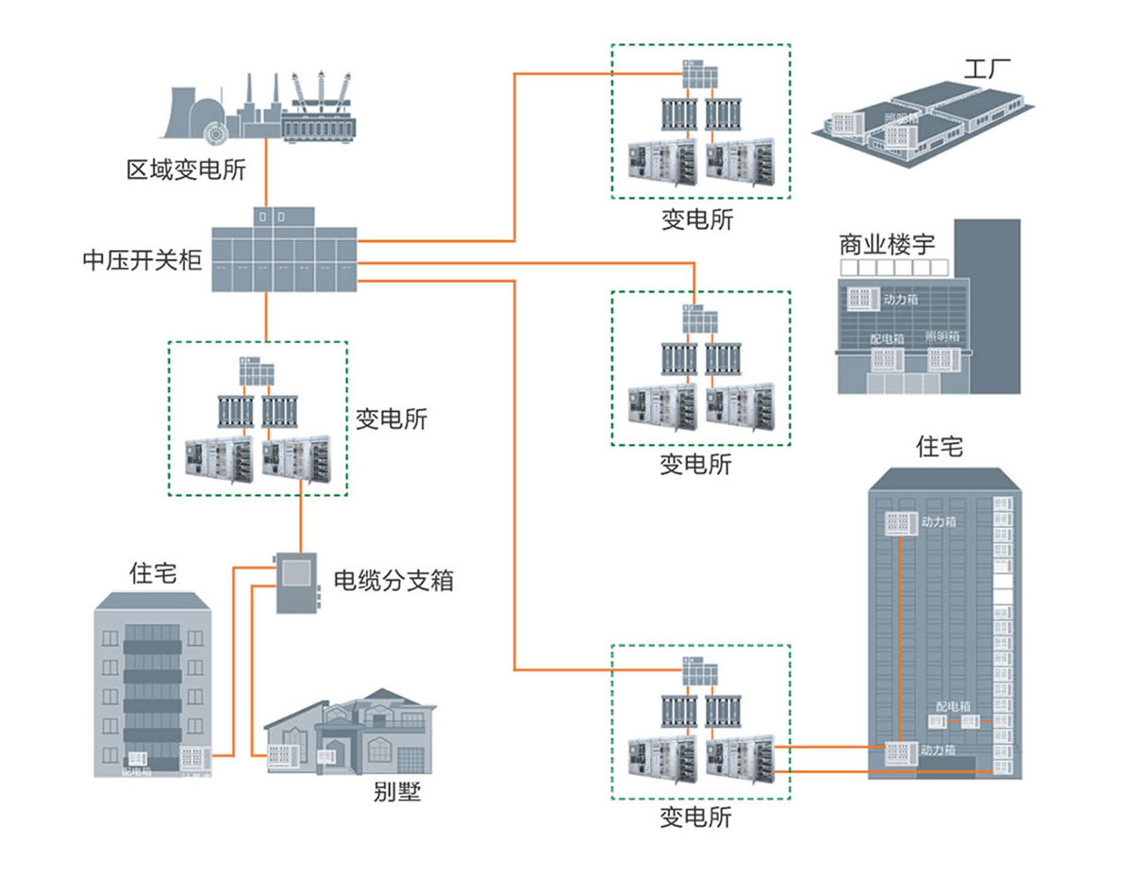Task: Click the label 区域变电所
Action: pos(186,170)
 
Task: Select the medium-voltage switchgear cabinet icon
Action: pos(283,253)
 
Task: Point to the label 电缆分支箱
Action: pos(394,580)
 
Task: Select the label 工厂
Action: pos(987,70)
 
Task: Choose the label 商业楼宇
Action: pos(887,244)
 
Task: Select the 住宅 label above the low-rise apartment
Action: pos(153,572)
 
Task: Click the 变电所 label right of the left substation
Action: pos(391,419)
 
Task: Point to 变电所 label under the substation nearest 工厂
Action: pos(696,221)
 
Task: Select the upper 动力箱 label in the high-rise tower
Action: pos(940,520)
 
